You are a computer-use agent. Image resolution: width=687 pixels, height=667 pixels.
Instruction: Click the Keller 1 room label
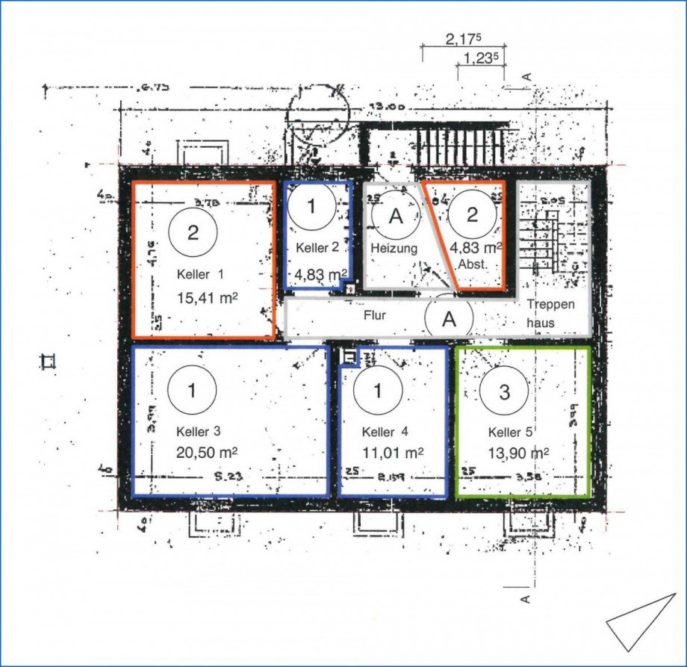click(199, 273)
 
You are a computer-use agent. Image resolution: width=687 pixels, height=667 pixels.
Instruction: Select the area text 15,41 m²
click(207, 297)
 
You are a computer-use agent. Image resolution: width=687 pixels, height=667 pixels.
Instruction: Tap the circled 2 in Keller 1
click(193, 232)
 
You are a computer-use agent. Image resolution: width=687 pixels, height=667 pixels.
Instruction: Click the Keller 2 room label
click(318, 247)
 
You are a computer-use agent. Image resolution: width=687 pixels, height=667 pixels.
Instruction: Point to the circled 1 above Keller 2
click(312, 207)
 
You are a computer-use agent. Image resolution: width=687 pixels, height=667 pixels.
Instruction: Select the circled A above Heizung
click(397, 216)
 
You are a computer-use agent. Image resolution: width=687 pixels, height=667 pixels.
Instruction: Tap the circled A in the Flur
click(449, 319)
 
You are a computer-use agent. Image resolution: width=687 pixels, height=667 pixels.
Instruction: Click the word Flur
click(374, 316)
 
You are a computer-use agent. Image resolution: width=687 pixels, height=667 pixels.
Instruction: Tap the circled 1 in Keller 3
click(193, 390)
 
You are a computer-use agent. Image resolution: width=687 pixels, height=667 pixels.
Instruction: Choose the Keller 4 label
click(385, 432)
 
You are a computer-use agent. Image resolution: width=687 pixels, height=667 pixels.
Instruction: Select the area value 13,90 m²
click(519, 453)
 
